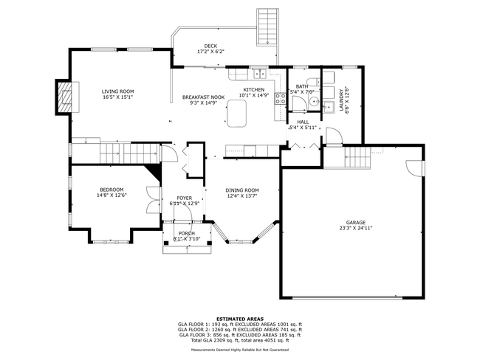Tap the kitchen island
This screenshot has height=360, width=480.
tap(238, 111)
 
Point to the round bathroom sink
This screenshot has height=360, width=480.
tap(314, 102)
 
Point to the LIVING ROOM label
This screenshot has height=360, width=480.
tap(117, 91)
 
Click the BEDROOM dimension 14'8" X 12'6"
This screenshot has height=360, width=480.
tap(112, 195)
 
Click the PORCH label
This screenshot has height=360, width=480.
tap(186, 233)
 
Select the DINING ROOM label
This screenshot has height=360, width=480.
tap(242, 190)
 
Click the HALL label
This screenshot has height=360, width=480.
tap(303, 122)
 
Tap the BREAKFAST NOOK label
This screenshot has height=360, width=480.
tap(204, 97)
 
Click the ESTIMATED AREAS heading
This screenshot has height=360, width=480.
tap(239, 318)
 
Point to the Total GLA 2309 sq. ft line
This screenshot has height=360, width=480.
tap(239, 339)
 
